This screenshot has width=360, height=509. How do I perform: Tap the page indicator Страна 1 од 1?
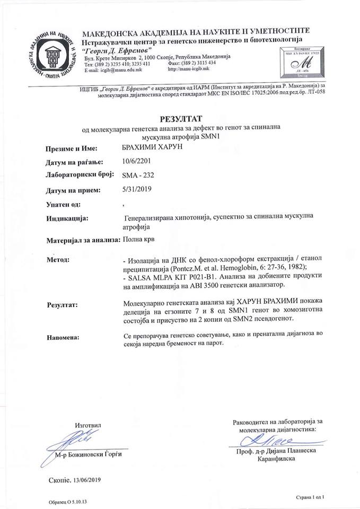click(x=309, y=498)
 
